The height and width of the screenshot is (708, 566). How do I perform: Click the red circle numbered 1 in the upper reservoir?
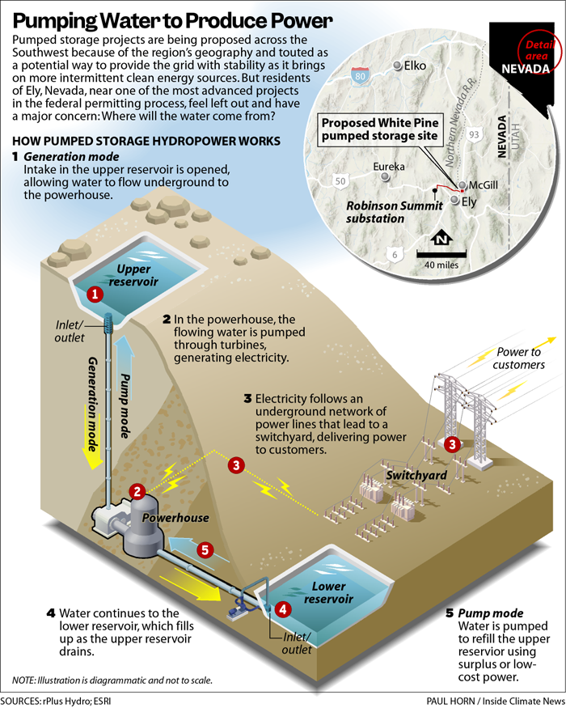[95, 295]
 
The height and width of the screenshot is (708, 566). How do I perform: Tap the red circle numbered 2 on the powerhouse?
[137, 491]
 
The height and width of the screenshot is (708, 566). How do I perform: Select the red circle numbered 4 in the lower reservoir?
[283, 609]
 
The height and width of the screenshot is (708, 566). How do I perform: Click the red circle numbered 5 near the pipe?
[205, 550]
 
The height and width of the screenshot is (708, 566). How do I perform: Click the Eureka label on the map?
[389, 167]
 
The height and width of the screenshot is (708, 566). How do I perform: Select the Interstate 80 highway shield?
[360, 75]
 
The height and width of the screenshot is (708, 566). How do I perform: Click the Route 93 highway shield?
[474, 134]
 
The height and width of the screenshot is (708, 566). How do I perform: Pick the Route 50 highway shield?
[340, 181]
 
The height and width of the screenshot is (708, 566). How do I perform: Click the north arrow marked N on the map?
[441, 239]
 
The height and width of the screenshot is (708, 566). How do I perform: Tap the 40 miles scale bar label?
[441, 265]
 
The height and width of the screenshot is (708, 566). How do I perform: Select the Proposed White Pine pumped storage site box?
[380, 129]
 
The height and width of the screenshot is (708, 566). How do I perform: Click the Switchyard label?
[416, 475]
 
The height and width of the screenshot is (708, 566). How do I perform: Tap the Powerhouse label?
[175, 518]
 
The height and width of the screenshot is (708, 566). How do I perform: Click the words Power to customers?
[518, 358]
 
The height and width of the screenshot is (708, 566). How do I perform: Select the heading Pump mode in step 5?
[491, 613]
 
